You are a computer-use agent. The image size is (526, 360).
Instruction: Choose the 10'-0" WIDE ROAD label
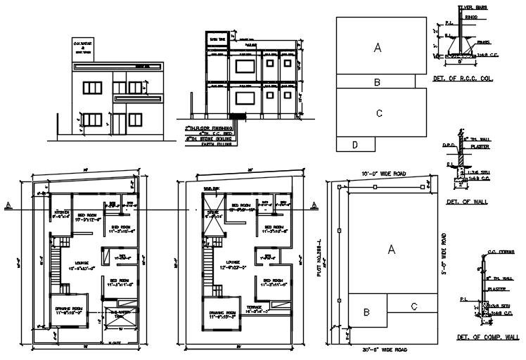[385, 173]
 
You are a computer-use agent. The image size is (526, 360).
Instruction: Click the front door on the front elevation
[120, 124]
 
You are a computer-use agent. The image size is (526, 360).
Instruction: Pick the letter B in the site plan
[366, 312]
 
